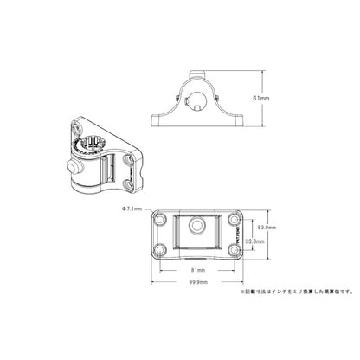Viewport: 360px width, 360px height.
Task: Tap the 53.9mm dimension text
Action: click(267, 228)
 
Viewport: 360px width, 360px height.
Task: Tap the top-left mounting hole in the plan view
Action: click(162, 220)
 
